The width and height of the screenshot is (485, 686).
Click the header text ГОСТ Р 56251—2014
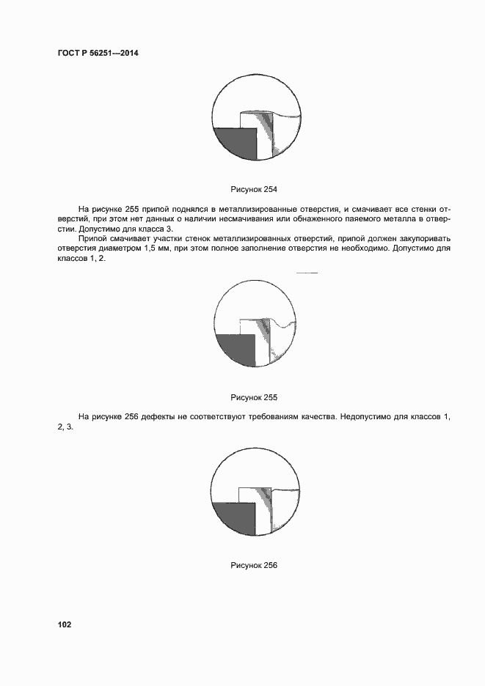point(97,53)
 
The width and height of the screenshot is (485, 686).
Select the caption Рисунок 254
point(254,190)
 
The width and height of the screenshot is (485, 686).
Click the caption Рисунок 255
point(254,398)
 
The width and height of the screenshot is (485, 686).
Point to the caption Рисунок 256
point(254,566)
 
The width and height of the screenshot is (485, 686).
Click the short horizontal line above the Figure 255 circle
point(306,273)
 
